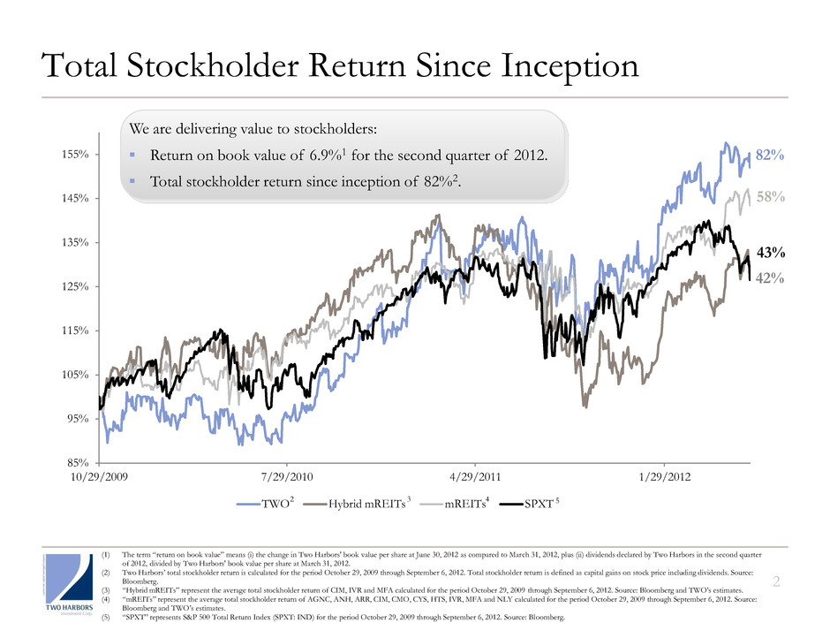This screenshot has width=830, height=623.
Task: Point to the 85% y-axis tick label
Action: click(76, 462)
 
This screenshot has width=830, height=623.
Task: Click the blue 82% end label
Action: click(770, 155)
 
